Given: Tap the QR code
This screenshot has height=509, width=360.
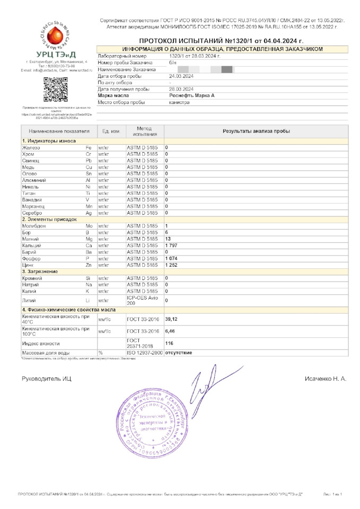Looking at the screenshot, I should point(55,89).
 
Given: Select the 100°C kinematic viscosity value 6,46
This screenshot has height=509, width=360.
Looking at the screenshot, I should point(170,331).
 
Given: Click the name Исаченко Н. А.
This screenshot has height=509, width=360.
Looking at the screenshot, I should point(325,379).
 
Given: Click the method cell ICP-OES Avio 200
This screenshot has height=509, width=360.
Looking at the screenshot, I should point(142,301).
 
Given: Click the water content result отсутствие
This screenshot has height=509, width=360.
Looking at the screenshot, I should point(178,353).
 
